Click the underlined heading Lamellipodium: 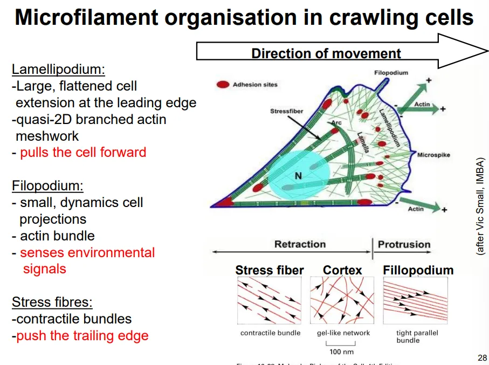click(58, 70)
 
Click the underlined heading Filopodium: click(48, 186)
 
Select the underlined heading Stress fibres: click(51, 302)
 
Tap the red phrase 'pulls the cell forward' click(83, 153)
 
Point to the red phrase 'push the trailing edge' click(82, 336)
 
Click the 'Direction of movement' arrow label click(326, 53)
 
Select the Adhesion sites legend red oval click(222, 85)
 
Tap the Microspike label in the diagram click(433, 155)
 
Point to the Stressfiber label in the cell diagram click(286, 112)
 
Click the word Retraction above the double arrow click(300, 244)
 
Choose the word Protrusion click(404, 244)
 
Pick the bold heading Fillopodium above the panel click(418, 270)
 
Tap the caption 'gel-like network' click(343, 333)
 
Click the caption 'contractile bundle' click(270, 333)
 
